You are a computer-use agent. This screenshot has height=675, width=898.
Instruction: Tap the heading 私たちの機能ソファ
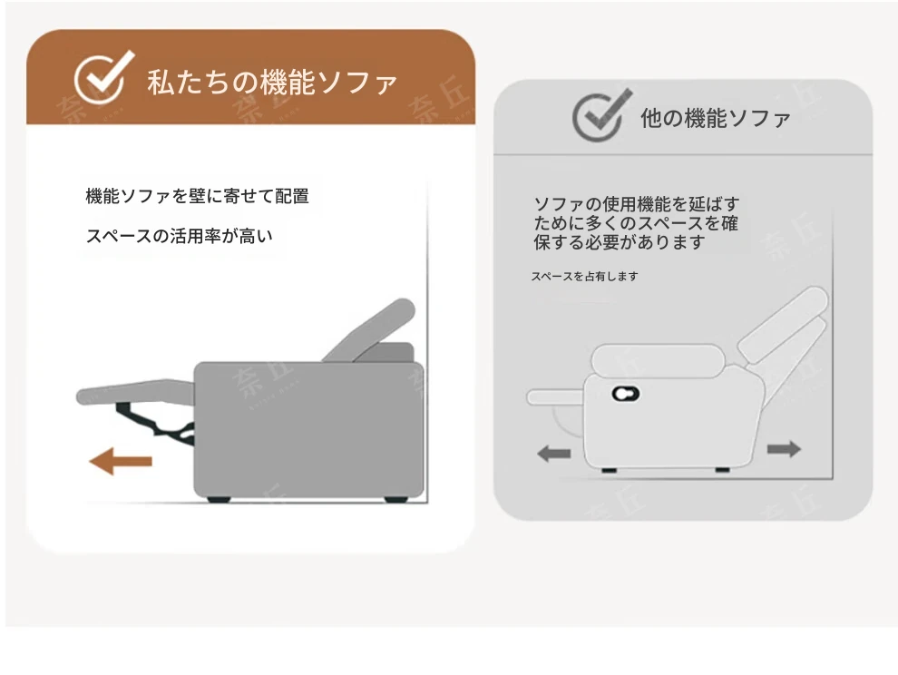click(x=271, y=82)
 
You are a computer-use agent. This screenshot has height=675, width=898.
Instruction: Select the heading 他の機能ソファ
click(x=716, y=118)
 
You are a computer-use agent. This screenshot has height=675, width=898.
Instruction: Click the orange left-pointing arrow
click(x=121, y=461)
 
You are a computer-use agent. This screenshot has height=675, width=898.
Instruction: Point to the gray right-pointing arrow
click(x=784, y=449)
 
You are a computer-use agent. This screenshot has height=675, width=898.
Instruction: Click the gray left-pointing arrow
click(x=554, y=454)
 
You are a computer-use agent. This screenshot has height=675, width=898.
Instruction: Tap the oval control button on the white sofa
click(x=625, y=394)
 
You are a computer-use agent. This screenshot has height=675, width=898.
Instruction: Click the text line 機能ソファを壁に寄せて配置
click(x=197, y=196)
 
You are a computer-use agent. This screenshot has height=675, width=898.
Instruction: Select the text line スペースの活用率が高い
click(x=179, y=236)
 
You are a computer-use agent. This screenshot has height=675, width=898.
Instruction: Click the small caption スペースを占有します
click(x=584, y=276)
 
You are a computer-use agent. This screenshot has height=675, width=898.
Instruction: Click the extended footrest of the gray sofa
click(x=135, y=391)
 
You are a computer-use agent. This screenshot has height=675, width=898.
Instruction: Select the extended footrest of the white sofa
click(x=555, y=397)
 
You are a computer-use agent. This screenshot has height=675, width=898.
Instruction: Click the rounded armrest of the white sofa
click(x=656, y=360)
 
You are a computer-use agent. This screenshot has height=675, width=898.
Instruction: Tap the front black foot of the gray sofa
click(x=219, y=499)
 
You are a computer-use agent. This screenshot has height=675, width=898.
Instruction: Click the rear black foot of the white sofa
click(x=722, y=469)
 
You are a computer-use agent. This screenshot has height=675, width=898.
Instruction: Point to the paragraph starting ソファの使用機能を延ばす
click(x=636, y=223)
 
